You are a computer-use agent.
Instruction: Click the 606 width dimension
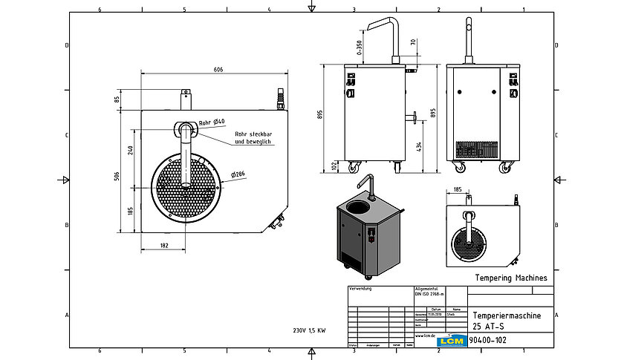coord(218,69)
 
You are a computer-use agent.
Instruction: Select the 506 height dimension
coord(117,175)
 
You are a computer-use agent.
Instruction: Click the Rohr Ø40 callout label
coord(212,122)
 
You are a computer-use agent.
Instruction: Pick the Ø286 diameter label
coord(238,174)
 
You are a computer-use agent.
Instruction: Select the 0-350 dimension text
coord(360,48)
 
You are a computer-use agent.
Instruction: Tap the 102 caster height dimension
coord(333,166)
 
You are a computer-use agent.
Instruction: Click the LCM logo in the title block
coord(451,340)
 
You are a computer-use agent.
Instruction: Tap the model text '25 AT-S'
coord(487,325)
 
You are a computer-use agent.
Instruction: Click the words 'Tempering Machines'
coord(510,278)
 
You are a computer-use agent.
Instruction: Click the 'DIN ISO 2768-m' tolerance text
coord(429,295)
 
